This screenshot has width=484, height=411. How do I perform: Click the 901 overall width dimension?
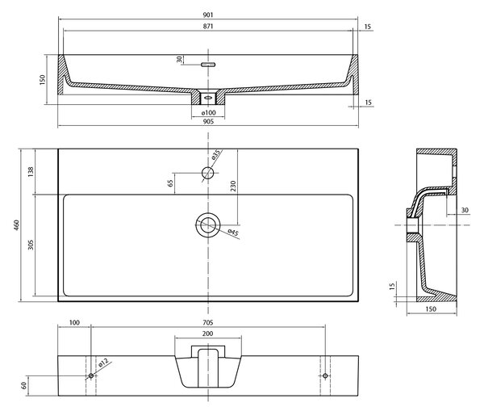pyautogui.click(x=208, y=15)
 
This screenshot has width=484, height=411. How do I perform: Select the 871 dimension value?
pyautogui.click(x=208, y=27)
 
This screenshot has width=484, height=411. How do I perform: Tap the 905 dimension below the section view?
pyautogui.click(x=208, y=121)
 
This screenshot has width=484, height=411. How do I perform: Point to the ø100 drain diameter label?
pyautogui.click(x=208, y=113)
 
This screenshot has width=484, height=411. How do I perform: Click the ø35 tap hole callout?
pyautogui.click(x=216, y=154)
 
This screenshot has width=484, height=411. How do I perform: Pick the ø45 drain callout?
pyautogui.click(x=233, y=233)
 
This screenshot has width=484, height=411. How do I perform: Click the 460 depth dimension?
pyautogui.click(x=16, y=225)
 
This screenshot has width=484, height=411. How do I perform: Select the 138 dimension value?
pyautogui.click(x=31, y=172)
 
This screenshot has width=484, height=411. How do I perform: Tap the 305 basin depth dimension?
pyautogui.click(x=31, y=245)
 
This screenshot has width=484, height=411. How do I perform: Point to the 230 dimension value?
pyautogui.click(x=233, y=186)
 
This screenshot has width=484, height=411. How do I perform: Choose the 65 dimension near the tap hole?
pyautogui.click(x=170, y=183)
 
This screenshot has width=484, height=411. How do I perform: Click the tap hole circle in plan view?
pyautogui.click(x=208, y=173)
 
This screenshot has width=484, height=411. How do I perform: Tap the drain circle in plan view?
pyautogui.click(x=208, y=224)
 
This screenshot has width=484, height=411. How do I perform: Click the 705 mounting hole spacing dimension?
pyautogui.click(x=208, y=323)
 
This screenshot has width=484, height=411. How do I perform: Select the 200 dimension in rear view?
pyautogui.click(x=208, y=333)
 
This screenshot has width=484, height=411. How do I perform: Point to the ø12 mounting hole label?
pyautogui.click(x=104, y=363)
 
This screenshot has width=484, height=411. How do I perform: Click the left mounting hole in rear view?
pyautogui.click(x=91, y=375)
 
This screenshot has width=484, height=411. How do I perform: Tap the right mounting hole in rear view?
pyautogui.click(x=325, y=375)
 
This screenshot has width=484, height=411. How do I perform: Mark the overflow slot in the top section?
pyautogui.click(x=208, y=65)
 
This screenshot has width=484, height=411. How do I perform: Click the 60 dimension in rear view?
pyautogui.click(x=23, y=385)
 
